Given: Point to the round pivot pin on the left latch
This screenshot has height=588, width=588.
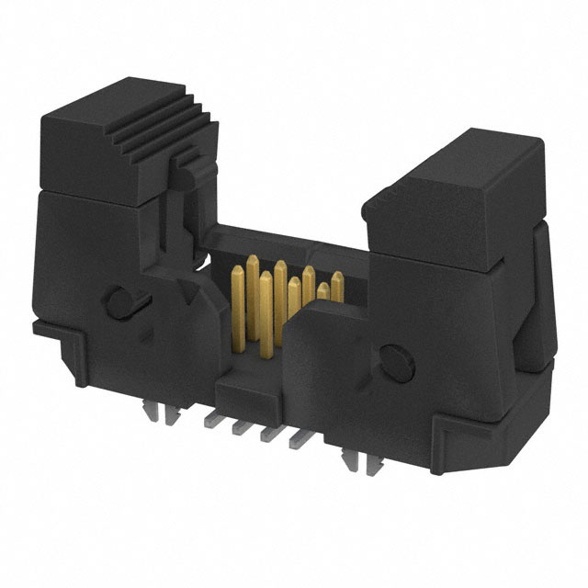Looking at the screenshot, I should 119,301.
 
